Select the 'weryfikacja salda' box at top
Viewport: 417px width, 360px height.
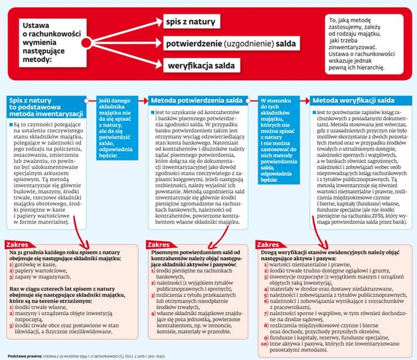(201, 66)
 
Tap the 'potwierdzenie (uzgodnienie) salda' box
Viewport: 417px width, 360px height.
(230, 44)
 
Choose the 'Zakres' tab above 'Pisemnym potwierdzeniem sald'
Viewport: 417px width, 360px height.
(159, 243)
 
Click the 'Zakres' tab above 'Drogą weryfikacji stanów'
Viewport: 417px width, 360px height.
(268, 243)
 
